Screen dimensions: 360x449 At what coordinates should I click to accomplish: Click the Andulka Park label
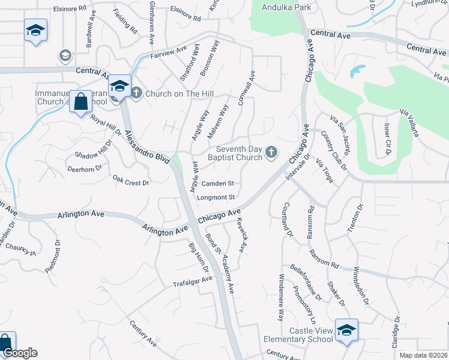coord(286,8)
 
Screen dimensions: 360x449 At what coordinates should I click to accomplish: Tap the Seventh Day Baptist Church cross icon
coord(271,152)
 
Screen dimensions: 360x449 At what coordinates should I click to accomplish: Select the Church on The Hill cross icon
coord(136,93)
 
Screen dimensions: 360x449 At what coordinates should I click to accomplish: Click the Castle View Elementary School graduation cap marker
coord(346,331)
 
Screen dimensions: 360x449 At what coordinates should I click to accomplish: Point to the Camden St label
coord(217,184)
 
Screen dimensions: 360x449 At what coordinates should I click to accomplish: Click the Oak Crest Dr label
coord(130,179)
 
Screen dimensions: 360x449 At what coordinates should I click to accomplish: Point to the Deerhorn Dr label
coord(85,170)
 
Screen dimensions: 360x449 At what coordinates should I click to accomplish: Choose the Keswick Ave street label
coord(243,238)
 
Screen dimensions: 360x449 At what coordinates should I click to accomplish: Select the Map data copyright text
coord(424,355)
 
